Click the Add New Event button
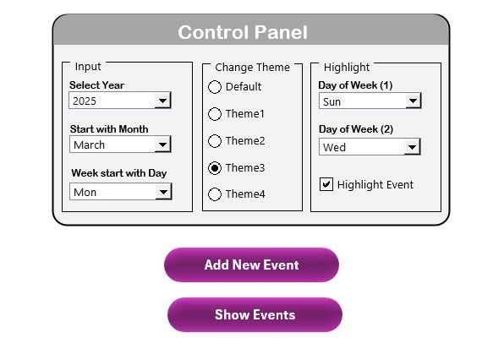click(251, 265)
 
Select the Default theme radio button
click(215, 87)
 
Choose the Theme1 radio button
click(215, 114)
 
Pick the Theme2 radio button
click(215, 141)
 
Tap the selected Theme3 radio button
click(215, 168)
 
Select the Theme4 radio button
click(215, 194)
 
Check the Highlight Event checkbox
click(326, 184)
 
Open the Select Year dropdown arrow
click(162, 101)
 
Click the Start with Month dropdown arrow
click(162, 145)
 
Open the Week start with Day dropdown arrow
click(163, 192)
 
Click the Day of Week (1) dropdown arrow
click(413, 101)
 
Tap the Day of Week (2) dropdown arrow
click(412, 147)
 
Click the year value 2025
click(85, 101)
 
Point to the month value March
click(89, 145)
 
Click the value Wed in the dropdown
click(334, 147)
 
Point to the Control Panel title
click(243, 32)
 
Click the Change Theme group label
click(253, 68)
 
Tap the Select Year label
click(97, 85)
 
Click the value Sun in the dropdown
click(331, 101)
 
